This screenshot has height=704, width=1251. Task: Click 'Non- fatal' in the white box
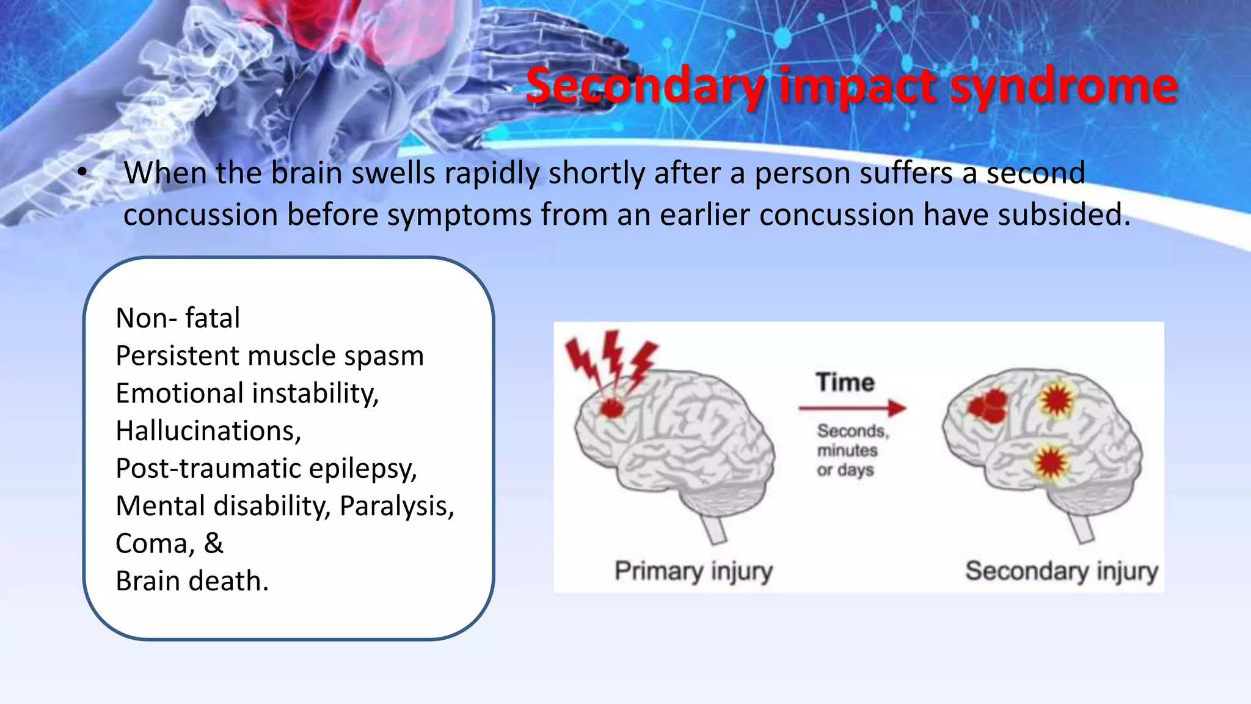click(x=178, y=318)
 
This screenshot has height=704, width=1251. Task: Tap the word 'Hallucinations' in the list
click(x=208, y=431)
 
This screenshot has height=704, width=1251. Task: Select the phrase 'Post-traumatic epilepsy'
click(x=266, y=469)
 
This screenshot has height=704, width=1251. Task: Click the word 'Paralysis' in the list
click(x=397, y=507)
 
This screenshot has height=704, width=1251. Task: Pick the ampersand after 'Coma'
click(x=214, y=543)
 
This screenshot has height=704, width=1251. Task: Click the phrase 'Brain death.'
click(x=192, y=581)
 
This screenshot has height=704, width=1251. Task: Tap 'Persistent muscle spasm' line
click(x=269, y=356)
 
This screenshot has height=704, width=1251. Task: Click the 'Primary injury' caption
click(x=693, y=571)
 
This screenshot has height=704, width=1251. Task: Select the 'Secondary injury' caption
click(x=1062, y=571)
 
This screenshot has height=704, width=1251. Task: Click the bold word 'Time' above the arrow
click(x=845, y=383)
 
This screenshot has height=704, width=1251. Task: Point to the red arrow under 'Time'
click(x=852, y=408)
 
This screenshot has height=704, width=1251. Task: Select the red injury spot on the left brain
click(x=612, y=407)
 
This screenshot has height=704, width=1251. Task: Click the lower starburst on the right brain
click(x=1051, y=463)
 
